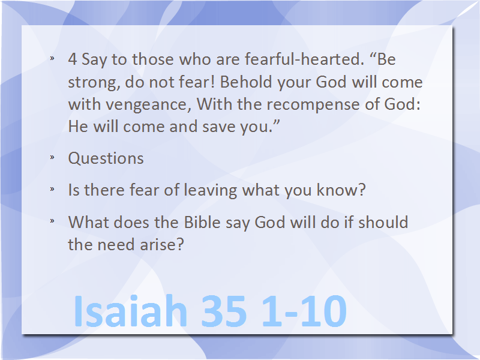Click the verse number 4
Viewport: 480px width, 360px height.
point(72,59)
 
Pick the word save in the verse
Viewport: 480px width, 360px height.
point(219,127)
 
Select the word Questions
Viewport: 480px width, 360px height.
point(106,158)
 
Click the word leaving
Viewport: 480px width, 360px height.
point(211,190)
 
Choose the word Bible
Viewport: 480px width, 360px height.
point(202,222)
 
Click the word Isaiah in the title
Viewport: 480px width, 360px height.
point(130,311)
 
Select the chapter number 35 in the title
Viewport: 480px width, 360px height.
point(224,311)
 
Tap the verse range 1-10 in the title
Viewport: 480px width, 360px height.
point(304,311)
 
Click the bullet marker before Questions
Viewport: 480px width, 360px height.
point(52,157)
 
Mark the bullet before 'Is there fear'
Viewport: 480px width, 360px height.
point(52,189)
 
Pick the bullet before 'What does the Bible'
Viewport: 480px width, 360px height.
point(52,220)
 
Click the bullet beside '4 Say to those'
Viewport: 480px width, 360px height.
point(52,58)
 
